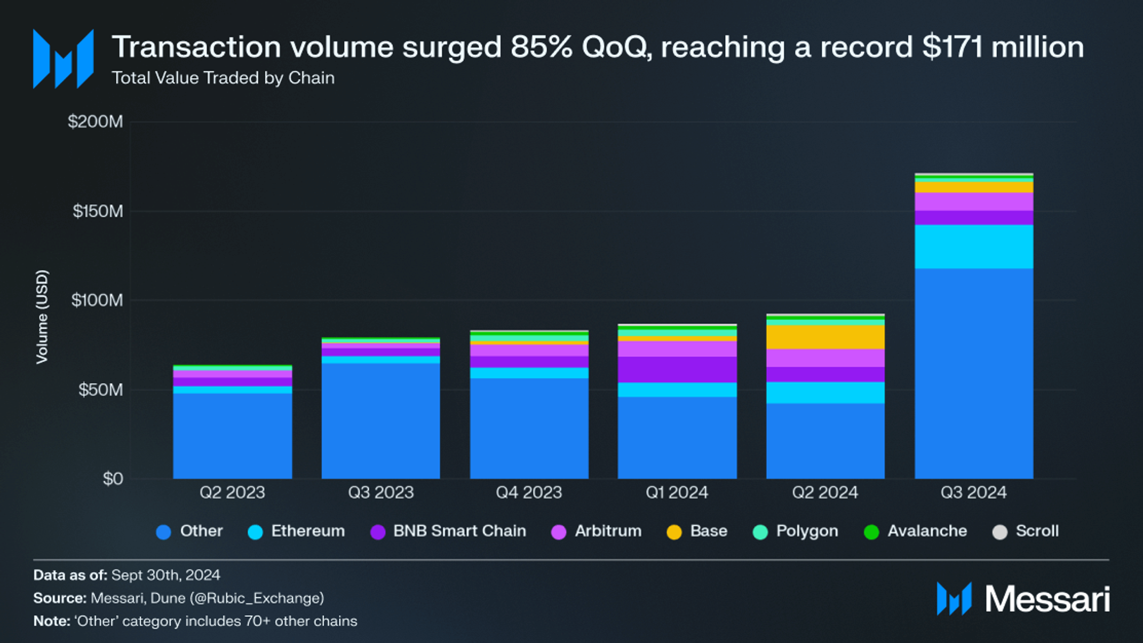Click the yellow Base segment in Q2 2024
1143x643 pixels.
[x=825, y=337]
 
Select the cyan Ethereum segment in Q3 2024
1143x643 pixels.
[x=974, y=247]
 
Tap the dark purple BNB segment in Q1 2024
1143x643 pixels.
[x=677, y=369]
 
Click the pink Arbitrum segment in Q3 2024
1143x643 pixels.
[x=974, y=202]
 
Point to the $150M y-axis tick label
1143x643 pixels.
[x=98, y=211]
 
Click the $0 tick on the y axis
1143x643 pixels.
[x=113, y=479]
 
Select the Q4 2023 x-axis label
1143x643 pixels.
[x=529, y=492]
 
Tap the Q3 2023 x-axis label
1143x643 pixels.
[x=380, y=492]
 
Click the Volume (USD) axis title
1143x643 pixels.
[x=42, y=317]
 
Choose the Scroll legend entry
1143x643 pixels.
[x=1026, y=531]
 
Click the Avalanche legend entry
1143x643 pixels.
[x=916, y=531]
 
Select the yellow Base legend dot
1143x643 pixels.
[x=674, y=532]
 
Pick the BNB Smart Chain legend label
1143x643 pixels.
[x=459, y=531]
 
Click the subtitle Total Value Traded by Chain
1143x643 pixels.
[x=223, y=78]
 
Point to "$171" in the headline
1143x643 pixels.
[x=952, y=47]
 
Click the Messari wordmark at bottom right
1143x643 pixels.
[x=1047, y=599]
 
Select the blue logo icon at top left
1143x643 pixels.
[x=63, y=59]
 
